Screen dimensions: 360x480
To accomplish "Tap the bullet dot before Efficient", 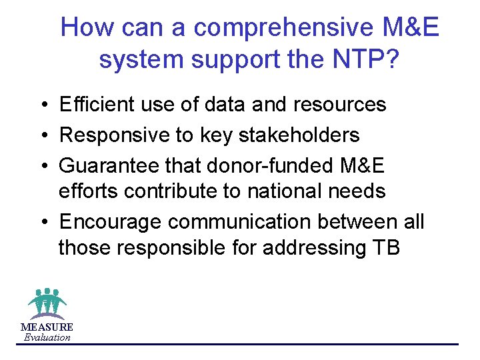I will pos(42,105).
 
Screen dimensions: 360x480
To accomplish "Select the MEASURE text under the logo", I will pos(47,327).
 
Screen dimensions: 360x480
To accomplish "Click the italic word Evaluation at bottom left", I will pos(47,337).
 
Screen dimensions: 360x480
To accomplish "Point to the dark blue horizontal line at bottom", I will pos(267,344).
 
